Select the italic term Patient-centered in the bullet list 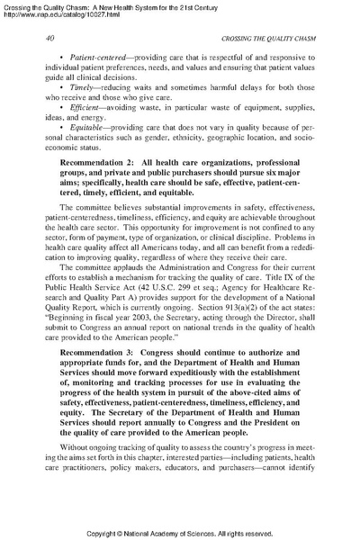75,56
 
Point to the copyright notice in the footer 179,533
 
